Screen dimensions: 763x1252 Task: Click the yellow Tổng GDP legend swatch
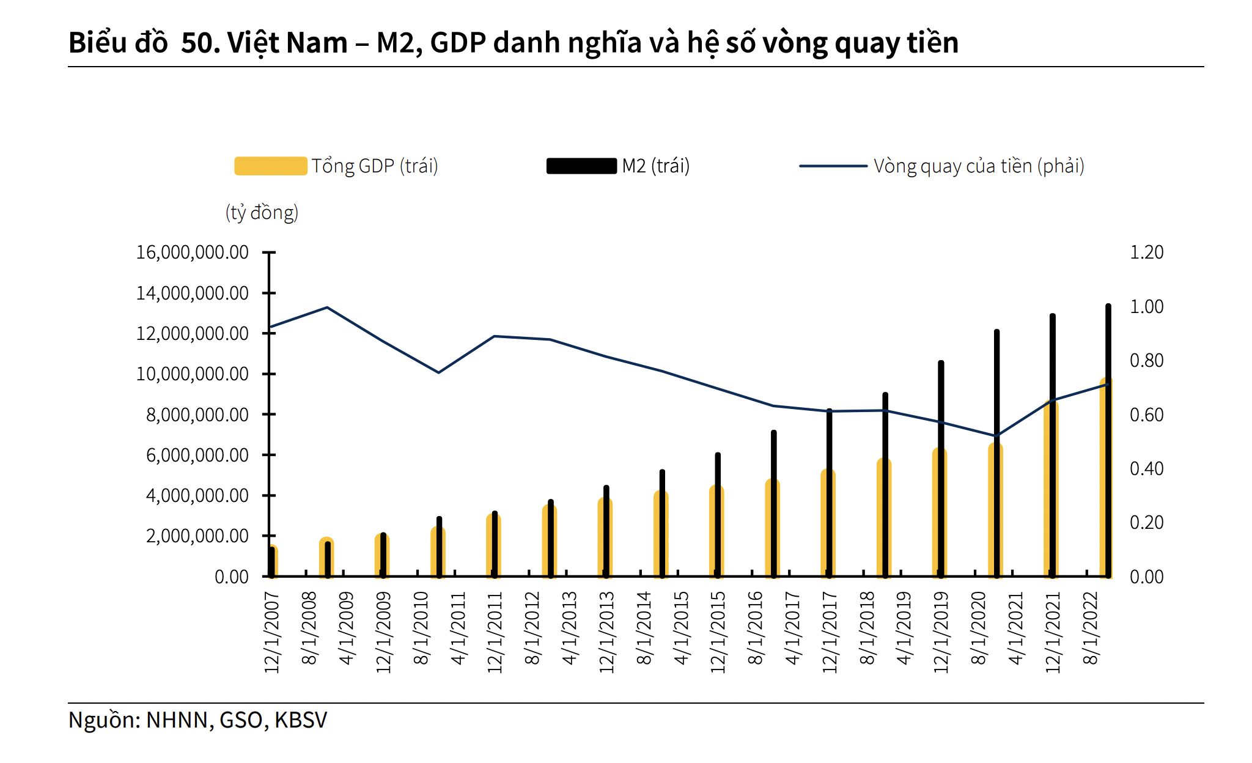click(x=270, y=166)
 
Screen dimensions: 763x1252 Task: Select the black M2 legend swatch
click(x=581, y=166)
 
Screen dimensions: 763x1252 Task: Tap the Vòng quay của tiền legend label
click(x=978, y=166)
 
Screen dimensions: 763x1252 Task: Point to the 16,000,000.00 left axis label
click(x=192, y=252)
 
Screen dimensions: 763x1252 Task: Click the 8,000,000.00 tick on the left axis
click(x=197, y=415)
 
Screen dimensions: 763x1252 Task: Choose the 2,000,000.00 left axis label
click(x=197, y=536)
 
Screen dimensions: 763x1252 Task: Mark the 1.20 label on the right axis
click(x=1146, y=252)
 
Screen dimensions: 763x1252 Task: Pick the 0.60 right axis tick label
click(x=1146, y=415)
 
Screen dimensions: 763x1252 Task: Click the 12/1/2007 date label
click(x=272, y=632)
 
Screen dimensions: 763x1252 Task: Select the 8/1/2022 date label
click(x=1091, y=628)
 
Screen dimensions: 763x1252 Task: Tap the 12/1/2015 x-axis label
click(x=718, y=632)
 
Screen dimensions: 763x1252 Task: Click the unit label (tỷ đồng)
click(x=262, y=213)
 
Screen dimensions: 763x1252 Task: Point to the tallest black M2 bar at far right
click(x=1108, y=440)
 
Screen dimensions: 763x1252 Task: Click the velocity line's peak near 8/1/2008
click(x=327, y=308)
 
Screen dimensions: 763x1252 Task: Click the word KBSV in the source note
click(x=301, y=720)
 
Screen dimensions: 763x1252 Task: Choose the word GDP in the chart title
click(x=458, y=43)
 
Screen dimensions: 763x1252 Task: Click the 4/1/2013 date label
click(x=570, y=628)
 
